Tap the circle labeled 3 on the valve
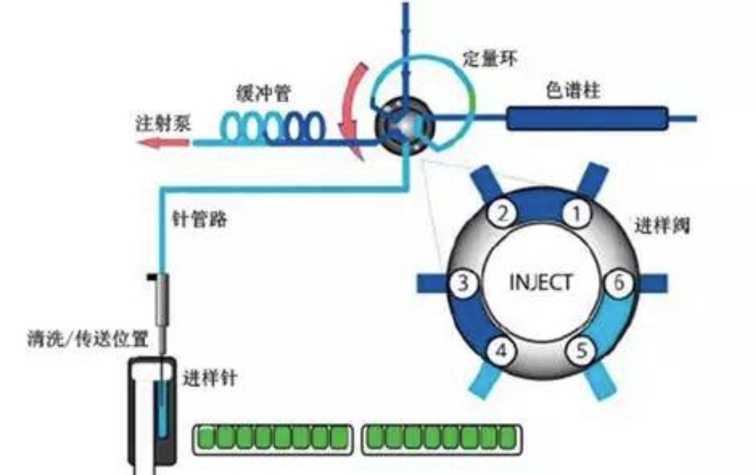pyautogui.click(x=463, y=283)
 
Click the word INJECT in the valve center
pyautogui.click(x=540, y=283)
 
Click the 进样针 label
pyautogui.click(x=209, y=377)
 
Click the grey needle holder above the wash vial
pyautogui.click(x=161, y=298)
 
